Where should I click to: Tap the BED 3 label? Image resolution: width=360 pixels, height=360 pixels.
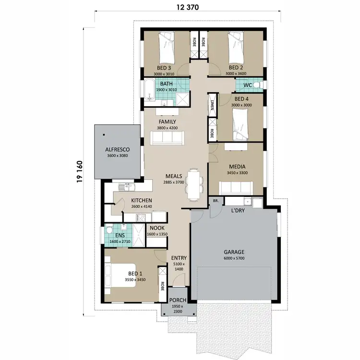165,67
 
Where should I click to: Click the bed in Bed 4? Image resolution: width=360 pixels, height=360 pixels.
240,124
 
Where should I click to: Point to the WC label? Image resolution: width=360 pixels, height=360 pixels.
248,85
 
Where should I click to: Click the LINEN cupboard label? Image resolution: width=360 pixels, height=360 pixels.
212,105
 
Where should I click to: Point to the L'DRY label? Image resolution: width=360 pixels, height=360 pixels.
239,211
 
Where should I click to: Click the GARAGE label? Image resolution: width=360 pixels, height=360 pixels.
234,252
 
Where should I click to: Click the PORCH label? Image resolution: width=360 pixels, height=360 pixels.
178,300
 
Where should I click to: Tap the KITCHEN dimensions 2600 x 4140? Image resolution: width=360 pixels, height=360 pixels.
142,206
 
